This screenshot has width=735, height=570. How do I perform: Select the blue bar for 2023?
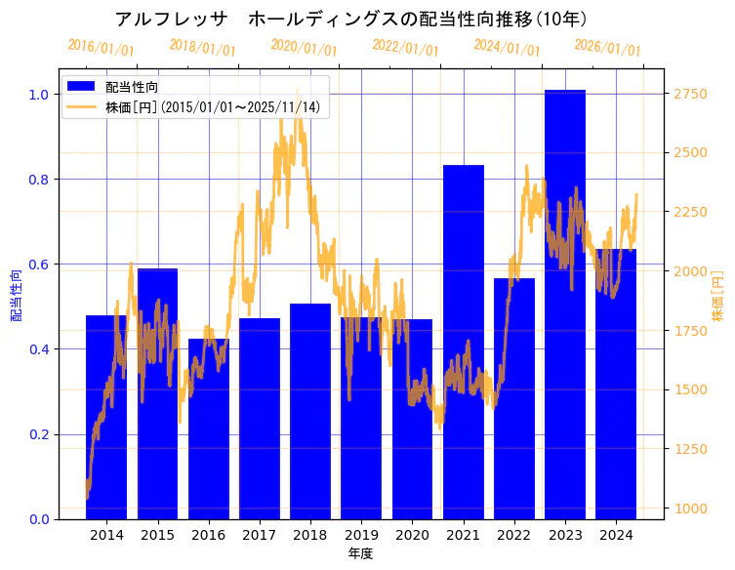coord(565,303)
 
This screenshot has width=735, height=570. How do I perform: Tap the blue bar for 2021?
coord(464,342)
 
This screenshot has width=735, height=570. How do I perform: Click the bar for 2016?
coord(208,429)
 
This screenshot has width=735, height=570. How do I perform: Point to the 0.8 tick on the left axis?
coord(40,180)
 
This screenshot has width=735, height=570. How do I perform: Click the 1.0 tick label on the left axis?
coord(40,95)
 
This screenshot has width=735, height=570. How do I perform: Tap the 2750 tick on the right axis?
coord(690,94)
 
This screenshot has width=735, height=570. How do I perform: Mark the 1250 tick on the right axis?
coord(690,449)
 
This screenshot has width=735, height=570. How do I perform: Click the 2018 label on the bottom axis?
coord(310,535)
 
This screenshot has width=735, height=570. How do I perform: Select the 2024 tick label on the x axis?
coord(616,535)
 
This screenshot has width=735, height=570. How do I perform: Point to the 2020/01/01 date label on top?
coord(304,48)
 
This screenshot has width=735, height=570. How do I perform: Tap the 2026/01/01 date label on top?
coord(607,48)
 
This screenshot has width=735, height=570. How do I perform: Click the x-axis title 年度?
coord(360,553)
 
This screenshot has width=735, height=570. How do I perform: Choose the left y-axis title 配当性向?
coord(17,296)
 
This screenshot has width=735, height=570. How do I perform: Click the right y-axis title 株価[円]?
coord(717,297)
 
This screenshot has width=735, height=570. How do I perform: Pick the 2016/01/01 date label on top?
coord(101,48)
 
